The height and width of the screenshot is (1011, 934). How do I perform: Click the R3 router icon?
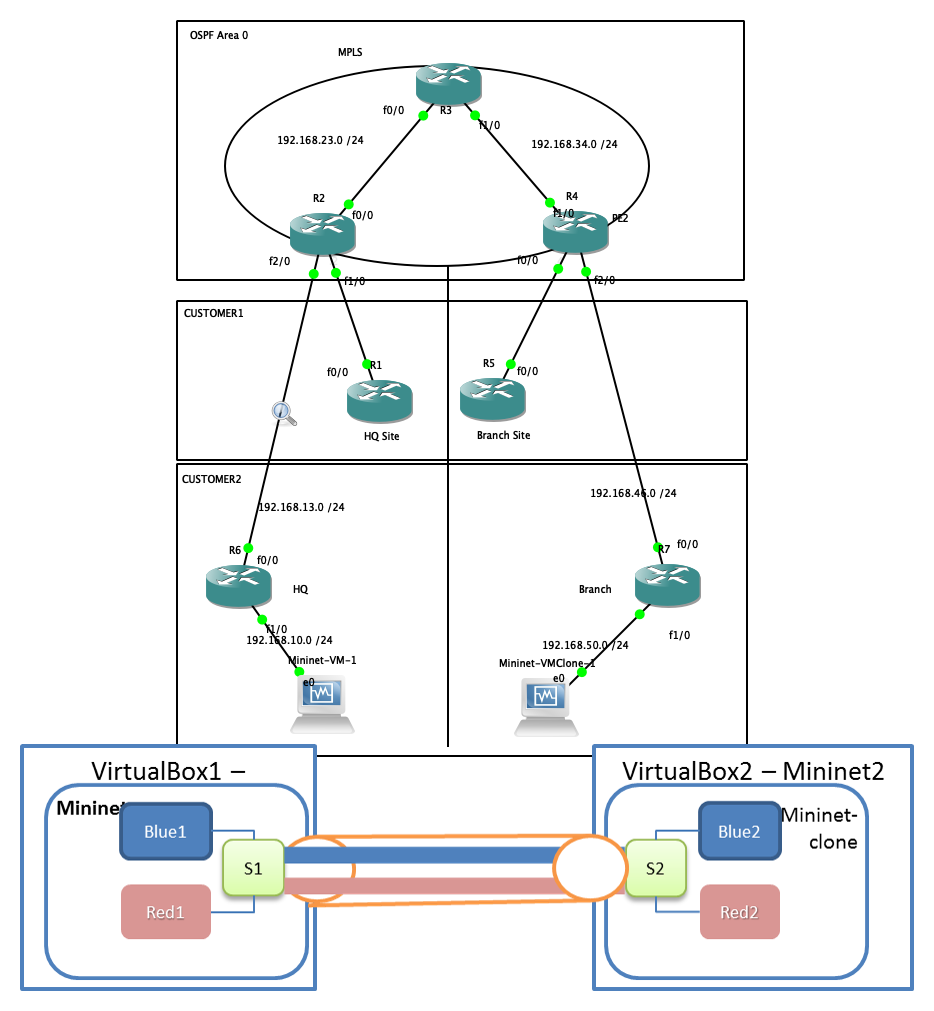[x=449, y=83]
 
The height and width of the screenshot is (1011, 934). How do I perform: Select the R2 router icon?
[x=322, y=233]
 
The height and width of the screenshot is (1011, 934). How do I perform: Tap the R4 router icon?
[x=575, y=232]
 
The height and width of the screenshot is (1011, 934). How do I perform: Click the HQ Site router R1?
[x=379, y=400]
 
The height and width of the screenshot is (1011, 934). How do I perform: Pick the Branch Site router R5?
[x=492, y=399]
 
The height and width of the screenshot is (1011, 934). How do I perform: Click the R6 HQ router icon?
[x=238, y=586]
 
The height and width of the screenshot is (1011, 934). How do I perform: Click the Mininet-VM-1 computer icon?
[x=321, y=703]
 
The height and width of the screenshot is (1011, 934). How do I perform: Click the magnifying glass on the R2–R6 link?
[x=284, y=412]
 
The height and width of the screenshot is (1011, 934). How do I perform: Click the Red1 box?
[x=165, y=911]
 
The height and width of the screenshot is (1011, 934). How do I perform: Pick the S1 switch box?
[x=253, y=867]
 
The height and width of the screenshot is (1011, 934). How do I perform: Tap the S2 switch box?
[x=655, y=867]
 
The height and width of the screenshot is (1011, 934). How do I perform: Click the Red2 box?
[x=739, y=911]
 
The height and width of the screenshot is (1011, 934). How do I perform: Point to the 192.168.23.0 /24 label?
[x=320, y=140]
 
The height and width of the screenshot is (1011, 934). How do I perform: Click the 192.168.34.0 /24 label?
[x=574, y=144]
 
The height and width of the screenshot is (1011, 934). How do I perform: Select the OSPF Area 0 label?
[x=219, y=35]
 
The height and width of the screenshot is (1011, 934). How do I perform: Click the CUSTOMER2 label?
[x=212, y=479]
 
